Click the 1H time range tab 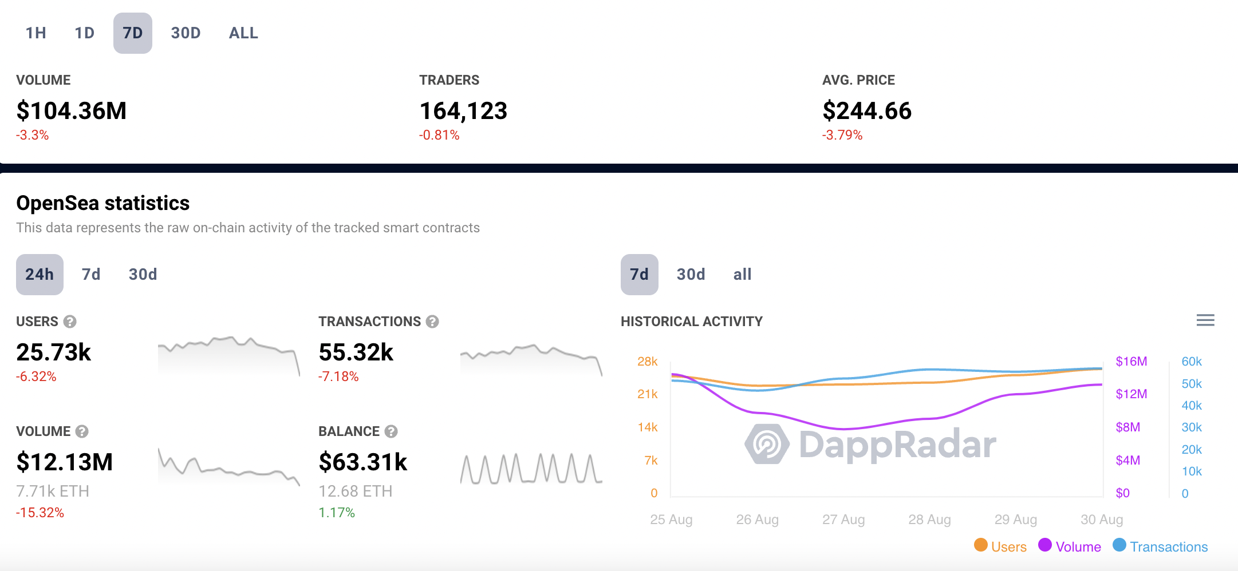36,33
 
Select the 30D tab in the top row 186,33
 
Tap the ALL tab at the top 243,33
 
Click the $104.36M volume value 72,110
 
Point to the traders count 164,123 463,110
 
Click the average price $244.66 867,110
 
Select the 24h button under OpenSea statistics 40,275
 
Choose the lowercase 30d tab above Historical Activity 691,275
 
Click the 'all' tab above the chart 742,275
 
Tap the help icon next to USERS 70,322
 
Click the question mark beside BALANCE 391,431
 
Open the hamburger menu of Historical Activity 1205,320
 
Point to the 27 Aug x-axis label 843,520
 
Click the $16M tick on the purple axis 1131,362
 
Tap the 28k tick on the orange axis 647,362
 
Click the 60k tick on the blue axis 1192,362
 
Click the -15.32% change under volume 40,513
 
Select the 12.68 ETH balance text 355,491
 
